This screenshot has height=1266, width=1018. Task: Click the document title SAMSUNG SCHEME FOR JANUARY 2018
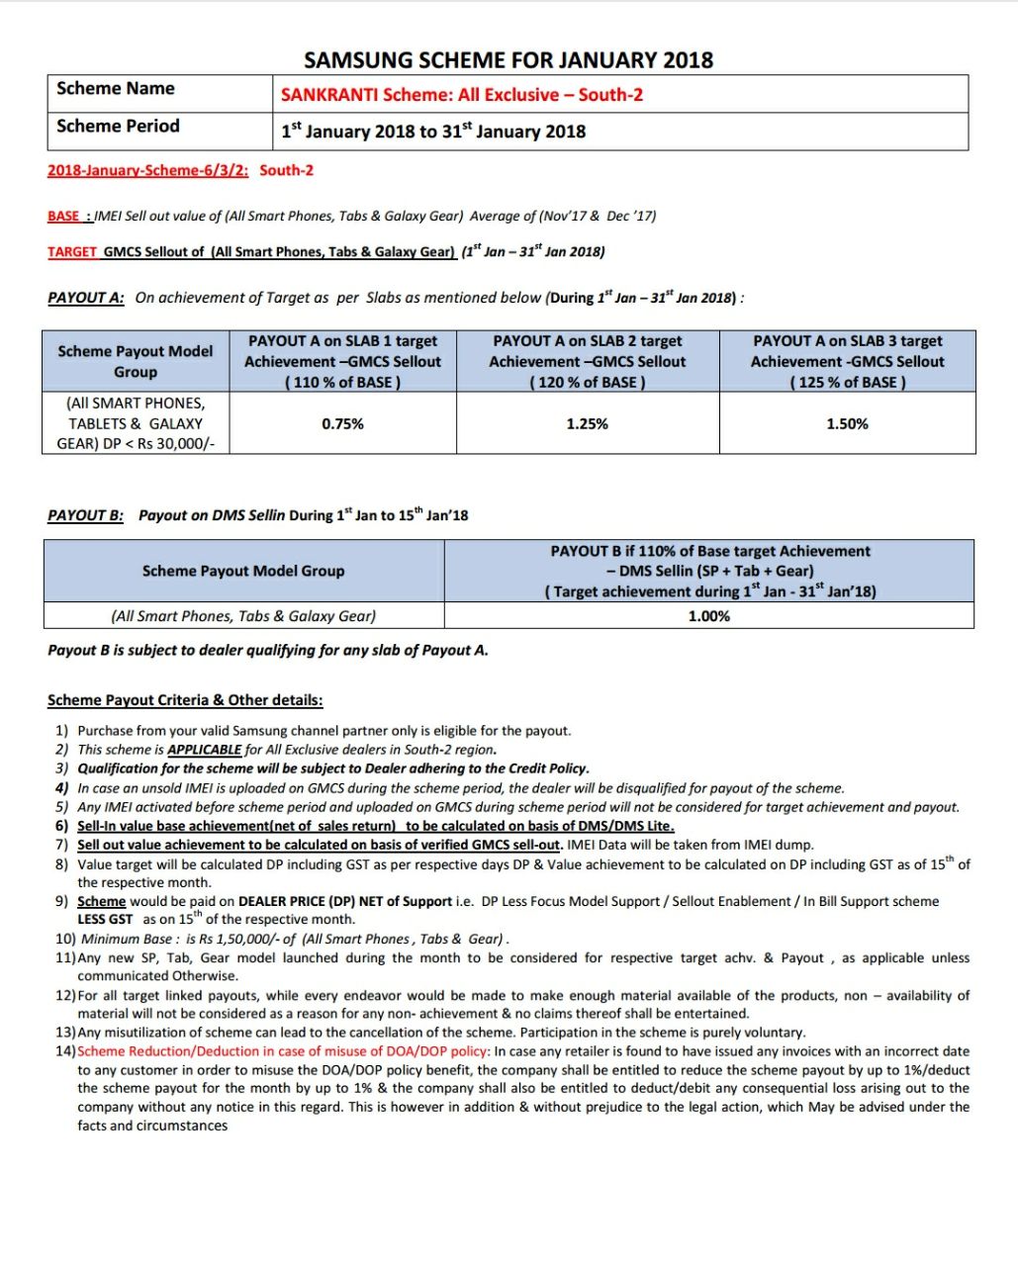coord(509,60)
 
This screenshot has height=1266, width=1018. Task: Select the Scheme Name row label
coord(116,89)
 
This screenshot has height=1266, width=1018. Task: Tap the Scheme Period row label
coord(119,127)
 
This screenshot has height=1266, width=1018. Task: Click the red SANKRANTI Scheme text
coord(462,95)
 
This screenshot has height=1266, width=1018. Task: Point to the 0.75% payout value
coord(342,424)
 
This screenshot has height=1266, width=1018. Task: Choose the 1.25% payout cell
coord(587,424)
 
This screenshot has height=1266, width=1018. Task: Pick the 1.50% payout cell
coord(847,424)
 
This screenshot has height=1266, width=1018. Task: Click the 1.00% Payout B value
coord(708,616)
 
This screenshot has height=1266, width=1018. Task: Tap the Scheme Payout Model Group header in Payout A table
coord(136,362)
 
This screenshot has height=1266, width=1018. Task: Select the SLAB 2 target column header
coord(587,361)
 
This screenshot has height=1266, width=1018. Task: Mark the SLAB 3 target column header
coord(847,361)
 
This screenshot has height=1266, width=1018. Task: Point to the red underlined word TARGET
coord(72,252)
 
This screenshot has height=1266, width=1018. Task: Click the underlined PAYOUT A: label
coord(86,298)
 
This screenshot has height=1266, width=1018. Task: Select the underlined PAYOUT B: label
coord(86,515)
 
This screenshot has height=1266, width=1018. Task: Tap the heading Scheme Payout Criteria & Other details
coord(185,700)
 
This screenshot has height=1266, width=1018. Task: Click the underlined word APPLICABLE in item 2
coord(204,750)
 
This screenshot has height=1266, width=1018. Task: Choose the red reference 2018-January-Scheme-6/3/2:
coord(148,170)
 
